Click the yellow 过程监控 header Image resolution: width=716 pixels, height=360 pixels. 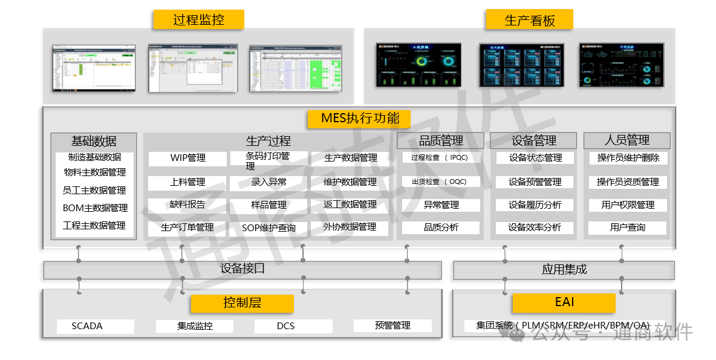(x=198, y=20)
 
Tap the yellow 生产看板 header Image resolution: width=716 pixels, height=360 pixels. (x=529, y=20)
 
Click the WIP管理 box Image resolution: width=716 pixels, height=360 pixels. (x=187, y=158)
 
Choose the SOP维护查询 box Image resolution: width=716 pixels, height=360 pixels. (x=268, y=228)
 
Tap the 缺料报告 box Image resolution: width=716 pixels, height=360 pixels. (x=187, y=205)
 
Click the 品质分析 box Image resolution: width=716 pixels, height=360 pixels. (x=441, y=227)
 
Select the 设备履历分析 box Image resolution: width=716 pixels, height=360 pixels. (x=535, y=205)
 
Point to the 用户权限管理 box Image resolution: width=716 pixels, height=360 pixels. (x=628, y=205)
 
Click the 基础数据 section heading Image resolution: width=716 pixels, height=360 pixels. (x=94, y=141)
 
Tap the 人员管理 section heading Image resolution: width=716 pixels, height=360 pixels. (x=626, y=140)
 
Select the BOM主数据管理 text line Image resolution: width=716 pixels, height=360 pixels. (x=95, y=208)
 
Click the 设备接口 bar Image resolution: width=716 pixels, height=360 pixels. (x=242, y=269)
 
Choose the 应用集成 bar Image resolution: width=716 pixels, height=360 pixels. (x=564, y=270)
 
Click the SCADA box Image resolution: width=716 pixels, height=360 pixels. (x=95, y=326)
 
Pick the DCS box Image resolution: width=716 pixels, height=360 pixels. (x=293, y=326)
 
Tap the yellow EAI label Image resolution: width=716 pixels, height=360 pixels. (x=564, y=303)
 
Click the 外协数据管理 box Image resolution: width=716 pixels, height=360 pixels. (x=350, y=227)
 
